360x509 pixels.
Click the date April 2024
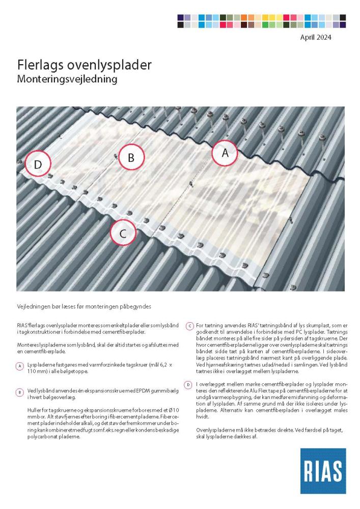point(317,37)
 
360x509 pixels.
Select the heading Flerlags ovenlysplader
point(84,66)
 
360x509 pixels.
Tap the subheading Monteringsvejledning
point(67,79)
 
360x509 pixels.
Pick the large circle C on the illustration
point(123,233)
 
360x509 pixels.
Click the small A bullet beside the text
point(19,366)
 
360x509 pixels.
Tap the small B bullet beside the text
point(19,392)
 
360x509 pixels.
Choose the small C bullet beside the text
point(189,326)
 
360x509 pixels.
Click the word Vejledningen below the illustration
point(31,306)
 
